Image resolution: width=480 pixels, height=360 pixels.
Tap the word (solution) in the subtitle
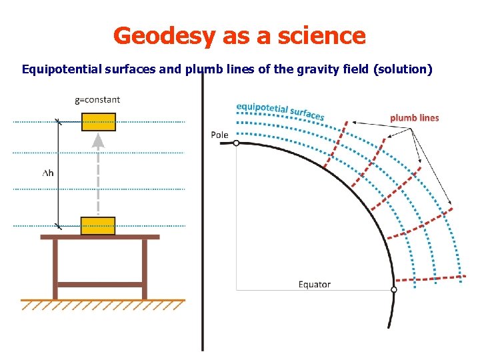pyautogui.click(x=408, y=69)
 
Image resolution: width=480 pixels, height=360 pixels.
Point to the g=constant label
pyautogui.click(x=97, y=100)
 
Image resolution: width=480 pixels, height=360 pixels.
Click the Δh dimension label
pyautogui.click(x=48, y=173)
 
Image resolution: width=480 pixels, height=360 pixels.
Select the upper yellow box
pyautogui.click(x=98, y=122)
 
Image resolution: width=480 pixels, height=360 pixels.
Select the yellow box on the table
pyautogui.click(x=98, y=226)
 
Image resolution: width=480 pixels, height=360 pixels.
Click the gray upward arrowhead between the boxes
pyautogui.click(x=98, y=141)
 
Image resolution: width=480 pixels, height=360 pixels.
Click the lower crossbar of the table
pyautogui.click(x=100, y=285)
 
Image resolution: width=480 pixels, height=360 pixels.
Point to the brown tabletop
pyautogui.click(x=100, y=237)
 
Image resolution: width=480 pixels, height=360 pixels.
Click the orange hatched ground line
pyautogui.click(x=100, y=301)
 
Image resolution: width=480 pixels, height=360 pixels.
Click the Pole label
pyautogui.click(x=219, y=135)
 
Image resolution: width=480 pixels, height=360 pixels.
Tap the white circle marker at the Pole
pyautogui.click(x=236, y=143)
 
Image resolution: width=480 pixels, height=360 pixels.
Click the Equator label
pyautogui.click(x=314, y=284)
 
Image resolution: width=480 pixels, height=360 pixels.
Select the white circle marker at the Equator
pyautogui.click(x=393, y=290)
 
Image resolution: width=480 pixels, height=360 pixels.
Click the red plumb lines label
pyautogui.click(x=414, y=118)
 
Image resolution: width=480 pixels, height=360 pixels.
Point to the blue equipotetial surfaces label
pyautogui.click(x=280, y=111)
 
